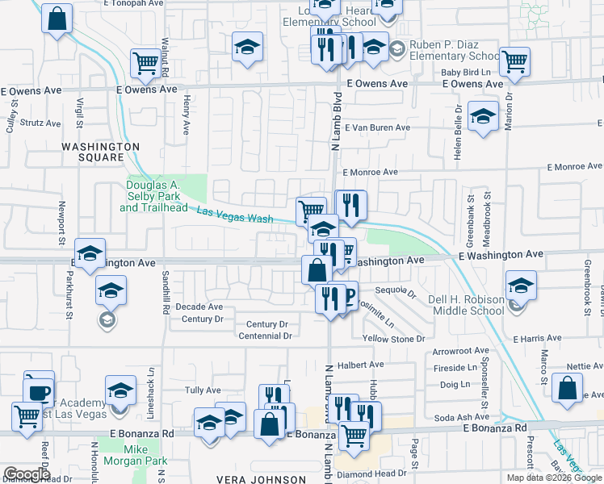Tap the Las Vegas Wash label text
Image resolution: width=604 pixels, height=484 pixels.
coord(234,215)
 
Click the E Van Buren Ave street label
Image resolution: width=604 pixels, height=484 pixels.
coord(377,127)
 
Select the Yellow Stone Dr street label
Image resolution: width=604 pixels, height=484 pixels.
coord(393,339)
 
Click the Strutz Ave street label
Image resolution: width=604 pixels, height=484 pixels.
coord(40,123)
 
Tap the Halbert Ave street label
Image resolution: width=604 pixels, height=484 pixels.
coord(358,365)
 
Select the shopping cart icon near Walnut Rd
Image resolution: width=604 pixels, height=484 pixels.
coord(146,63)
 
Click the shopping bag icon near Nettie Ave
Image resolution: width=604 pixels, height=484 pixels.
coord(568,387)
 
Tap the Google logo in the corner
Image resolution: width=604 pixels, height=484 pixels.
coord(27,474)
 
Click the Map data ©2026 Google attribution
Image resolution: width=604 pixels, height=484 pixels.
coord(553,478)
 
